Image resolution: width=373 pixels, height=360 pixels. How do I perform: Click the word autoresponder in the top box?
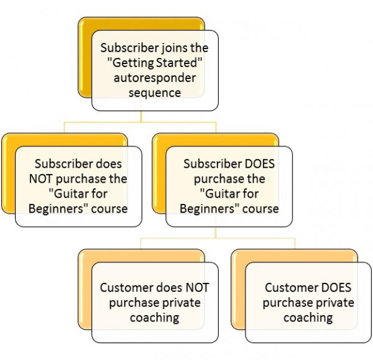click(155, 78)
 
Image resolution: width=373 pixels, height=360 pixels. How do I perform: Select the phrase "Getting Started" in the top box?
click(155, 63)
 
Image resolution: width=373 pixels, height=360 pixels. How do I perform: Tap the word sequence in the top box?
click(155, 93)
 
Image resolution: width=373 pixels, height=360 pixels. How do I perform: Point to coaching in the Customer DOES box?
click(308, 318)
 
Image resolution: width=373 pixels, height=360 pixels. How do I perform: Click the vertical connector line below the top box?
click(141, 116)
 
